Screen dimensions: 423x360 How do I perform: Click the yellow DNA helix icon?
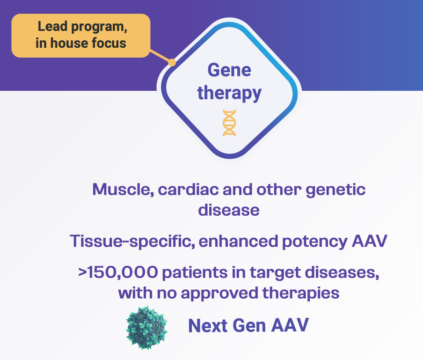click(229, 123)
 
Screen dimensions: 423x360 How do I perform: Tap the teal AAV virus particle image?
click(147, 328)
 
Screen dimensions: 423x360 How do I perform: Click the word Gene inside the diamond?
click(229, 70)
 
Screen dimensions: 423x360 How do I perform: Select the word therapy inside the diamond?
click(229, 93)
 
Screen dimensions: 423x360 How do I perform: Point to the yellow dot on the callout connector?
click(172, 63)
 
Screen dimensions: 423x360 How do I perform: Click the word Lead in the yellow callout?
click(52, 26)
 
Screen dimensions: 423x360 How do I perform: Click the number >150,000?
click(118, 272)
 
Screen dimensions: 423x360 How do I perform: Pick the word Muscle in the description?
click(123, 190)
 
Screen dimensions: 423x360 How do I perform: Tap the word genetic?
click(335, 190)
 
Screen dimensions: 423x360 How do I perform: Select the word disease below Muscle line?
click(229, 210)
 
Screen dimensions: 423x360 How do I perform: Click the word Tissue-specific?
click(132, 241)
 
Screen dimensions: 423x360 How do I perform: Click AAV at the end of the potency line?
click(370, 241)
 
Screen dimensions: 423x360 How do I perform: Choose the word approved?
click(219, 294)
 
